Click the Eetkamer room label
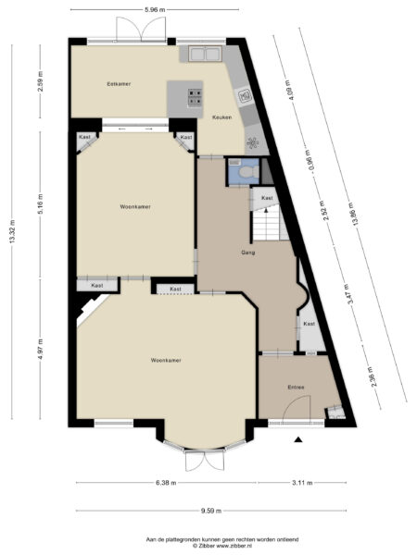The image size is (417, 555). [118, 84]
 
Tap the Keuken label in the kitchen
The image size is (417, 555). [221, 117]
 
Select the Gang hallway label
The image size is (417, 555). [247, 252]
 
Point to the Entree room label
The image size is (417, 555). [296, 388]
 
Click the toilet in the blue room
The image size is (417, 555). [243, 171]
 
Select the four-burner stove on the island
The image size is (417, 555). [195, 92]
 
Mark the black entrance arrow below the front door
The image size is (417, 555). [297, 440]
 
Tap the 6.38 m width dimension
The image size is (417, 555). [167, 482]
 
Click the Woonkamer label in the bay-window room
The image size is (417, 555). [165, 359]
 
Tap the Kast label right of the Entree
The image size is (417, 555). [309, 324]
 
